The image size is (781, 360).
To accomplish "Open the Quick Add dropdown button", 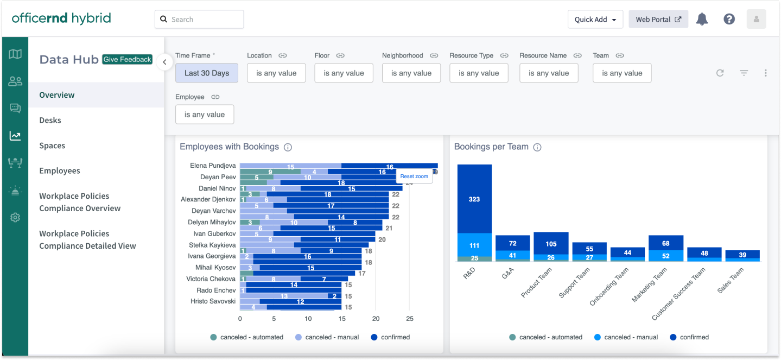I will coord(595,20).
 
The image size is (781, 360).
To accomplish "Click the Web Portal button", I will coord(658,20).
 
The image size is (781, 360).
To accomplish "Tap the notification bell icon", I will coord(702,20).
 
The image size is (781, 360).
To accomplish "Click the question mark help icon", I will coord(729,20).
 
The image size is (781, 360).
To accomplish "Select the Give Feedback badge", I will coord(128,60).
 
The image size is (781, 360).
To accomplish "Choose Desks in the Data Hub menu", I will coord(50,120).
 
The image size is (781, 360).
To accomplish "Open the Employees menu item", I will coord(59,170).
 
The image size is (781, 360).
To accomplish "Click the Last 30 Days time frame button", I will coord(206,73).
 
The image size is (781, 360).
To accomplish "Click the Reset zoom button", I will coord(414,176).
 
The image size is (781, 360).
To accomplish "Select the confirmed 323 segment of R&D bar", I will coord(474,199).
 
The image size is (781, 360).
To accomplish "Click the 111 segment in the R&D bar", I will coord(474,245).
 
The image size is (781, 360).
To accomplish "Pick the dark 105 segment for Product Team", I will coord(551,243).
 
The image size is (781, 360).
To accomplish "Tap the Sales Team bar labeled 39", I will coord(742,255).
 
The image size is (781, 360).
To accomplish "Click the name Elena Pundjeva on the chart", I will coord(213,166).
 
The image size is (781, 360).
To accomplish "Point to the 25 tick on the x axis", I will coord(410,319).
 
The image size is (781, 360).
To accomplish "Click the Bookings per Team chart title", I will coord(491,147).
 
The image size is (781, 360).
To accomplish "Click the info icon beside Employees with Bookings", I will coord(288,147).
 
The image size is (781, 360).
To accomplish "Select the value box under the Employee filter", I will coord(205,115).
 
